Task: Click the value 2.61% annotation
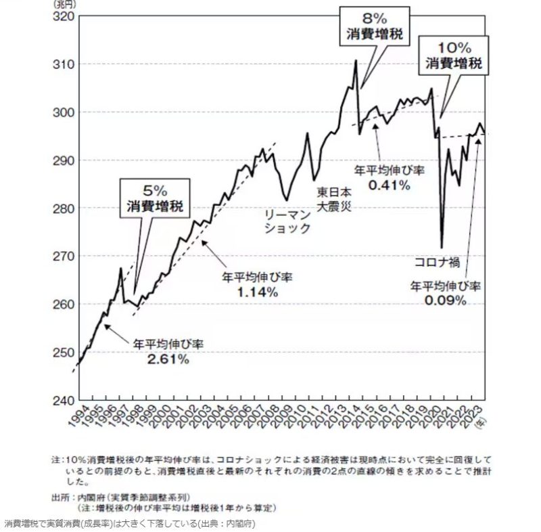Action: [168, 359]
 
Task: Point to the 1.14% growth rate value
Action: [258, 292]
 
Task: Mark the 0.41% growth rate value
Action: [389, 185]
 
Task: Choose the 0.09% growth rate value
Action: [446, 300]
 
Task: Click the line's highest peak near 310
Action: [356, 61]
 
